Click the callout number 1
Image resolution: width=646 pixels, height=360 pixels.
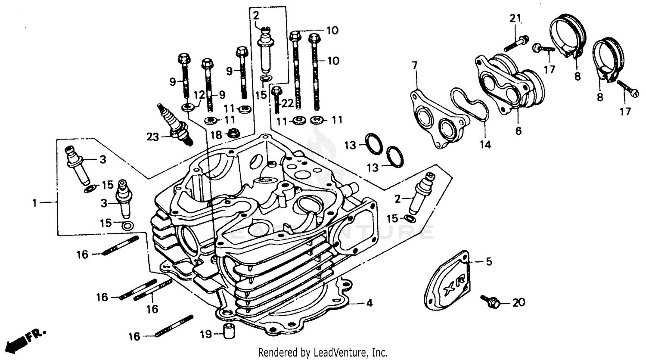(x=34, y=202)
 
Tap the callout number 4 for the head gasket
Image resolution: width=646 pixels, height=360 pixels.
(x=369, y=304)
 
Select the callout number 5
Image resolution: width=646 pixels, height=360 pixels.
(x=489, y=261)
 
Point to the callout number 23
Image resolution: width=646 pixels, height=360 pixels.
(x=152, y=137)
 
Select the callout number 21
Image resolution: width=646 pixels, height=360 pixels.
(x=516, y=18)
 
